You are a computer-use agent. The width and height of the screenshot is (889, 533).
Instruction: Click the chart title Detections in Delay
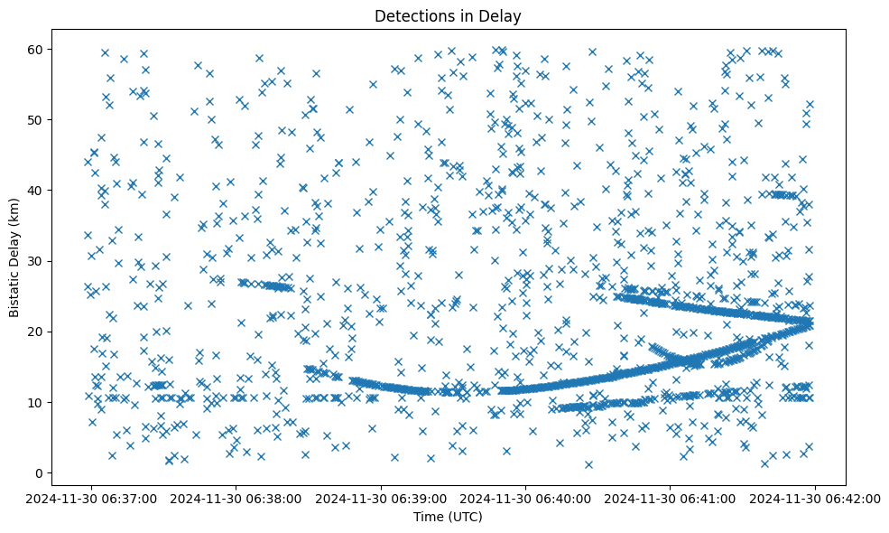coord(448,15)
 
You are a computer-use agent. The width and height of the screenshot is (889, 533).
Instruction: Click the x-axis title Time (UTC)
coord(448,517)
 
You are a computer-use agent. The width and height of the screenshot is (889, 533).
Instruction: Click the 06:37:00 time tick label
coord(91,498)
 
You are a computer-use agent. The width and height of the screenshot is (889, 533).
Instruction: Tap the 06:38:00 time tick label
coord(236,498)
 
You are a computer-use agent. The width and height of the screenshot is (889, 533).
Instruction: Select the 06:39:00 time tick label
coord(381,498)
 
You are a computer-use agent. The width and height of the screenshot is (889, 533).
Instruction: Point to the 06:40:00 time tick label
coord(526,498)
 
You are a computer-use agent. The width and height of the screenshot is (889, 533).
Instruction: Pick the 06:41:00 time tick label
coord(671,498)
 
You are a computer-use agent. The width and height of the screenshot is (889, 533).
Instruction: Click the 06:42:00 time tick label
coord(816,498)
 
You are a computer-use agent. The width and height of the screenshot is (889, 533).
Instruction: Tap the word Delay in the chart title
coord(504,15)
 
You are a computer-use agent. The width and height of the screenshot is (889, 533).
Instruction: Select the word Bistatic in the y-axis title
coord(14,291)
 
